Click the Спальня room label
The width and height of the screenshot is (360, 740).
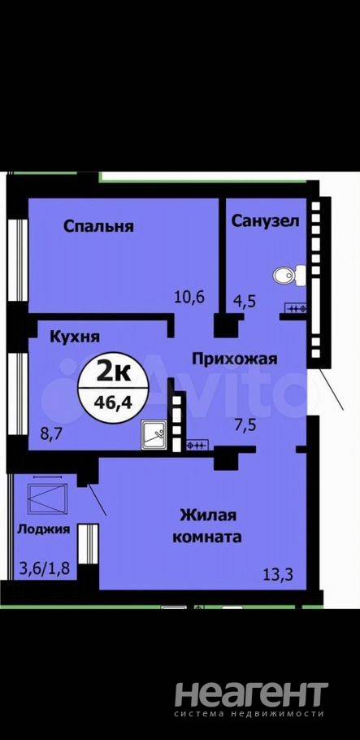pyautogui.click(x=99, y=227)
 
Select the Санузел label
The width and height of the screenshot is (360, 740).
pyautogui.click(x=265, y=221)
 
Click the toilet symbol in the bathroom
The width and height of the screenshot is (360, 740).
pyautogui.click(x=290, y=276)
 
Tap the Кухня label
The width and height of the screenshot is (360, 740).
pyautogui.click(x=75, y=337)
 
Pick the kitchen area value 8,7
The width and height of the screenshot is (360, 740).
pyautogui.click(x=50, y=433)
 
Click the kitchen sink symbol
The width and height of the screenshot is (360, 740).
pyautogui.click(x=154, y=433)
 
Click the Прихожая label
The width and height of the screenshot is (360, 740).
pyautogui.click(x=234, y=359)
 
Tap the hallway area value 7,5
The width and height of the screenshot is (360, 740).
pyautogui.click(x=245, y=429)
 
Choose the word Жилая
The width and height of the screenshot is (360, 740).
pyautogui.click(x=208, y=515)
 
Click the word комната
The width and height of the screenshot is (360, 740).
pyautogui.click(x=208, y=537)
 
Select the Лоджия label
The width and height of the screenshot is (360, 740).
pyautogui.click(x=44, y=530)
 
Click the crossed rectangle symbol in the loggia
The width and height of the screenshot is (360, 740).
pyautogui.click(x=47, y=498)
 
